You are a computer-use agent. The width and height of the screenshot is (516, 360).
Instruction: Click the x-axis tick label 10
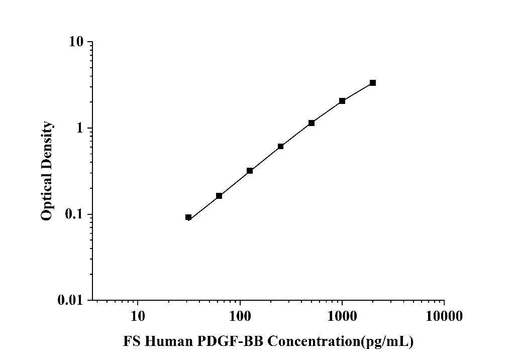138,316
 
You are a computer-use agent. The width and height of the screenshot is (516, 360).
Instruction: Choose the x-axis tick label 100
240,316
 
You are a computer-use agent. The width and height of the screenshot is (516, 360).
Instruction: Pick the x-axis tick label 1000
342,316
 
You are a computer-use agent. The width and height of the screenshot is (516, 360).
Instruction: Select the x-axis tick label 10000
444,316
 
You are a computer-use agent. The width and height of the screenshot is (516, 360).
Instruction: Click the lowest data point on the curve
188,217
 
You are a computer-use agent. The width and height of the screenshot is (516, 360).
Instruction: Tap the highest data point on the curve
373,83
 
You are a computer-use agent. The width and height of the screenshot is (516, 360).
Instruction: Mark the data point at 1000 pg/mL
342,101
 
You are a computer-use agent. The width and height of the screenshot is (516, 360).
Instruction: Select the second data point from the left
219,196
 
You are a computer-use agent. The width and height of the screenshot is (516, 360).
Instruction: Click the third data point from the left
250,171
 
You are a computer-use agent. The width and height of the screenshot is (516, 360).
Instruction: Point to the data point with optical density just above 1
312,123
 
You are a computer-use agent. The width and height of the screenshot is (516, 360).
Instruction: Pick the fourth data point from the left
280,147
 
